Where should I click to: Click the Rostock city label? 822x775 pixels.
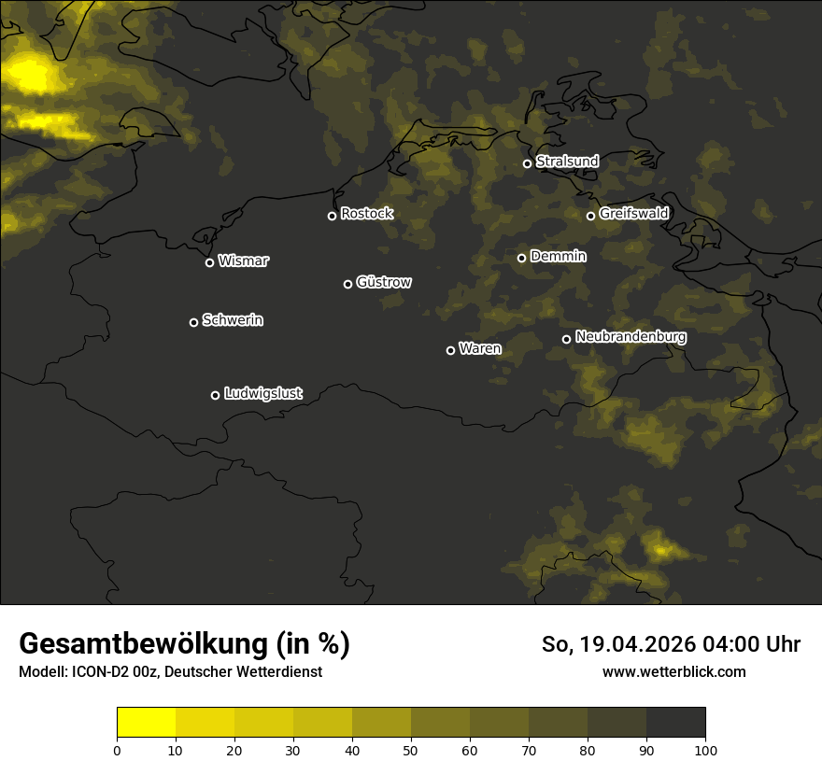point(367,214)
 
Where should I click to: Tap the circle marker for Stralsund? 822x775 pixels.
point(527,163)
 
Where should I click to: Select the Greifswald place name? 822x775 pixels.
point(634,214)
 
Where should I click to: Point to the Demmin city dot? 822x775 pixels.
point(521,258)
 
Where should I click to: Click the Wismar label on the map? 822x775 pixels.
point(243,261)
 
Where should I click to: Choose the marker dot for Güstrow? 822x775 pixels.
point(347,284)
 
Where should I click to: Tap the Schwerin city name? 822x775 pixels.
point(233,320)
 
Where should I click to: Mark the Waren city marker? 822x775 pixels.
point(450,350)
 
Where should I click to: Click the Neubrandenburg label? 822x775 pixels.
point(631,337)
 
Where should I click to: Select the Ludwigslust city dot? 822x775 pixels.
point(215,395)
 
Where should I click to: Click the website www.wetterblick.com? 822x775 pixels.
point(673,671)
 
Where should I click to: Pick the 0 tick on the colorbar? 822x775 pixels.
point(117,750)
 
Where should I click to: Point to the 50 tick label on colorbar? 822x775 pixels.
point(411,750)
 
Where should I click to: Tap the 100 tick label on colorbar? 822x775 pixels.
point(705,750)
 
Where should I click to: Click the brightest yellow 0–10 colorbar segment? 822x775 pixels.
point(146,723)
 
